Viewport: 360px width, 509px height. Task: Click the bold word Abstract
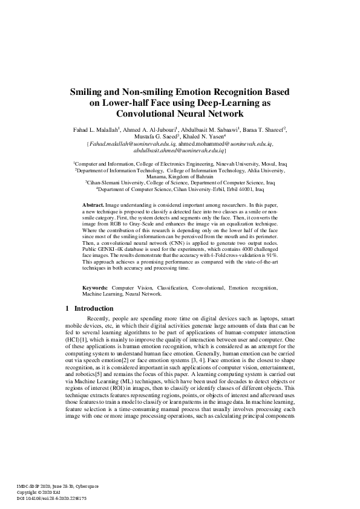[93, 206]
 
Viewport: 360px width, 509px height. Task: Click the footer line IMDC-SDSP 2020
[42, 486]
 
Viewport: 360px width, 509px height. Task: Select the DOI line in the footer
[51, 498]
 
